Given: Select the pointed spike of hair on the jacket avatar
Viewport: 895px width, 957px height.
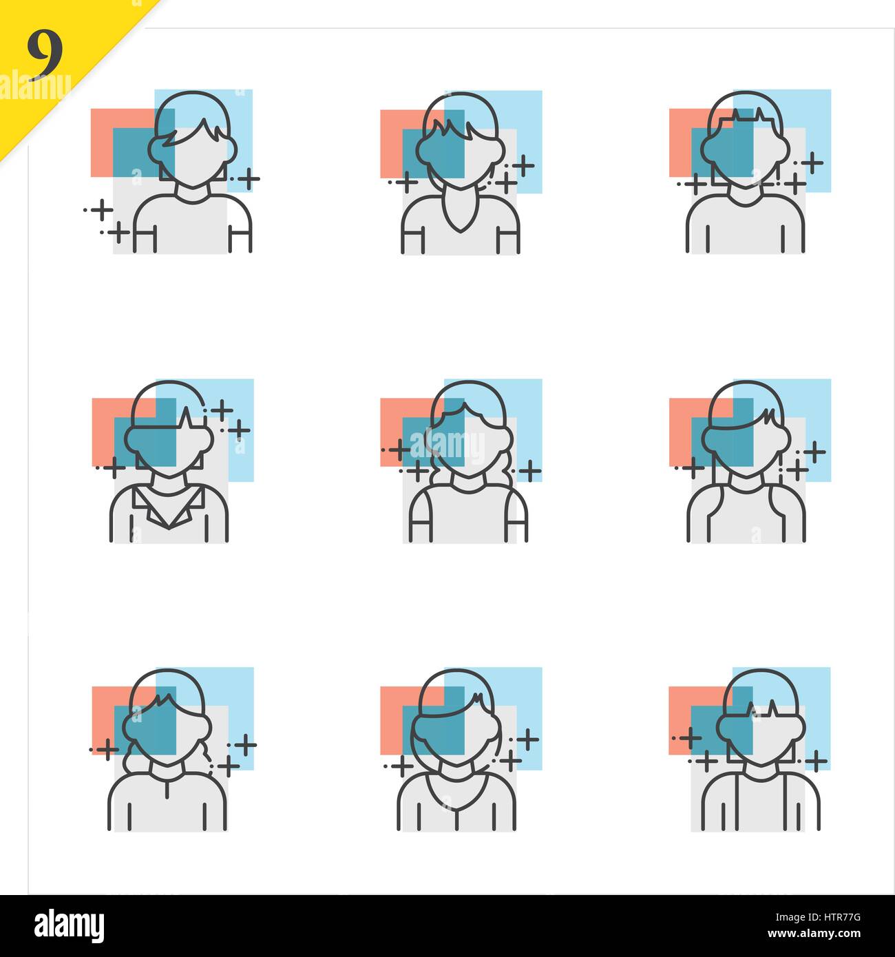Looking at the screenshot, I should pyautogui.click(x=187, y=417).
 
